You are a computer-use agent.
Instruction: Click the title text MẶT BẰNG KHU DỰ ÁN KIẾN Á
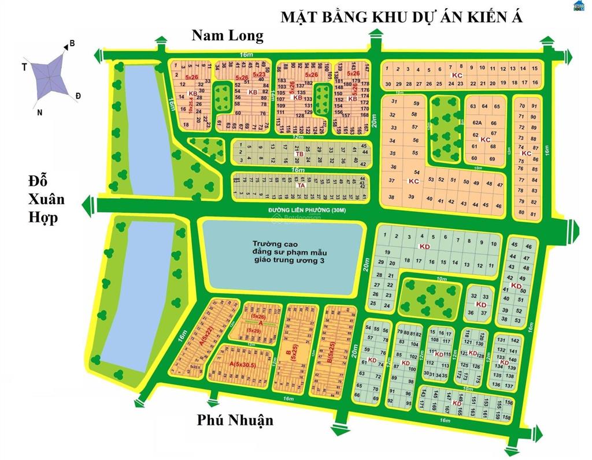(x=401, y=17)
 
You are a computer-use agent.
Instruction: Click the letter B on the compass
(x=72, y=43)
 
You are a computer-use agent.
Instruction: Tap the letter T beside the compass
(x=24, y=67)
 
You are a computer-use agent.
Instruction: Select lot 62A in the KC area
(x=477, y=123)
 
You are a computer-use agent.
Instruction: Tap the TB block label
(x=299, y=154)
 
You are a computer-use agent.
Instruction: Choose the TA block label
(x=300, y=185)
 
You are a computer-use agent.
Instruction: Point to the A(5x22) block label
(x=202, y=336)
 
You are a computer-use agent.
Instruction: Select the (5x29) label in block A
(x=253, y=330)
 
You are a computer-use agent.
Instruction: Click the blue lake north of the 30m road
(x=149, y=127)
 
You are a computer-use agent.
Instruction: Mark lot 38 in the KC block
(x=391, y=197)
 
